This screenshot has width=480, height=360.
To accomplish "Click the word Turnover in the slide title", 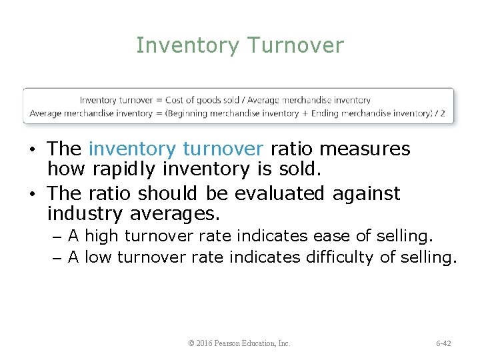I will pos(295,45).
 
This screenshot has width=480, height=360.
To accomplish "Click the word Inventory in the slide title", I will pos(188,45).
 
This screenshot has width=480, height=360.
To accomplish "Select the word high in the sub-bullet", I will pos(102,235).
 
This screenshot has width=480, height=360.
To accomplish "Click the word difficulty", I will pos(340,257).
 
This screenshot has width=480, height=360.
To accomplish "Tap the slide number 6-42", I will pos(443,343).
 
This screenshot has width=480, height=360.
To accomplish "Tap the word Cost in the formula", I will pos(175,100).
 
